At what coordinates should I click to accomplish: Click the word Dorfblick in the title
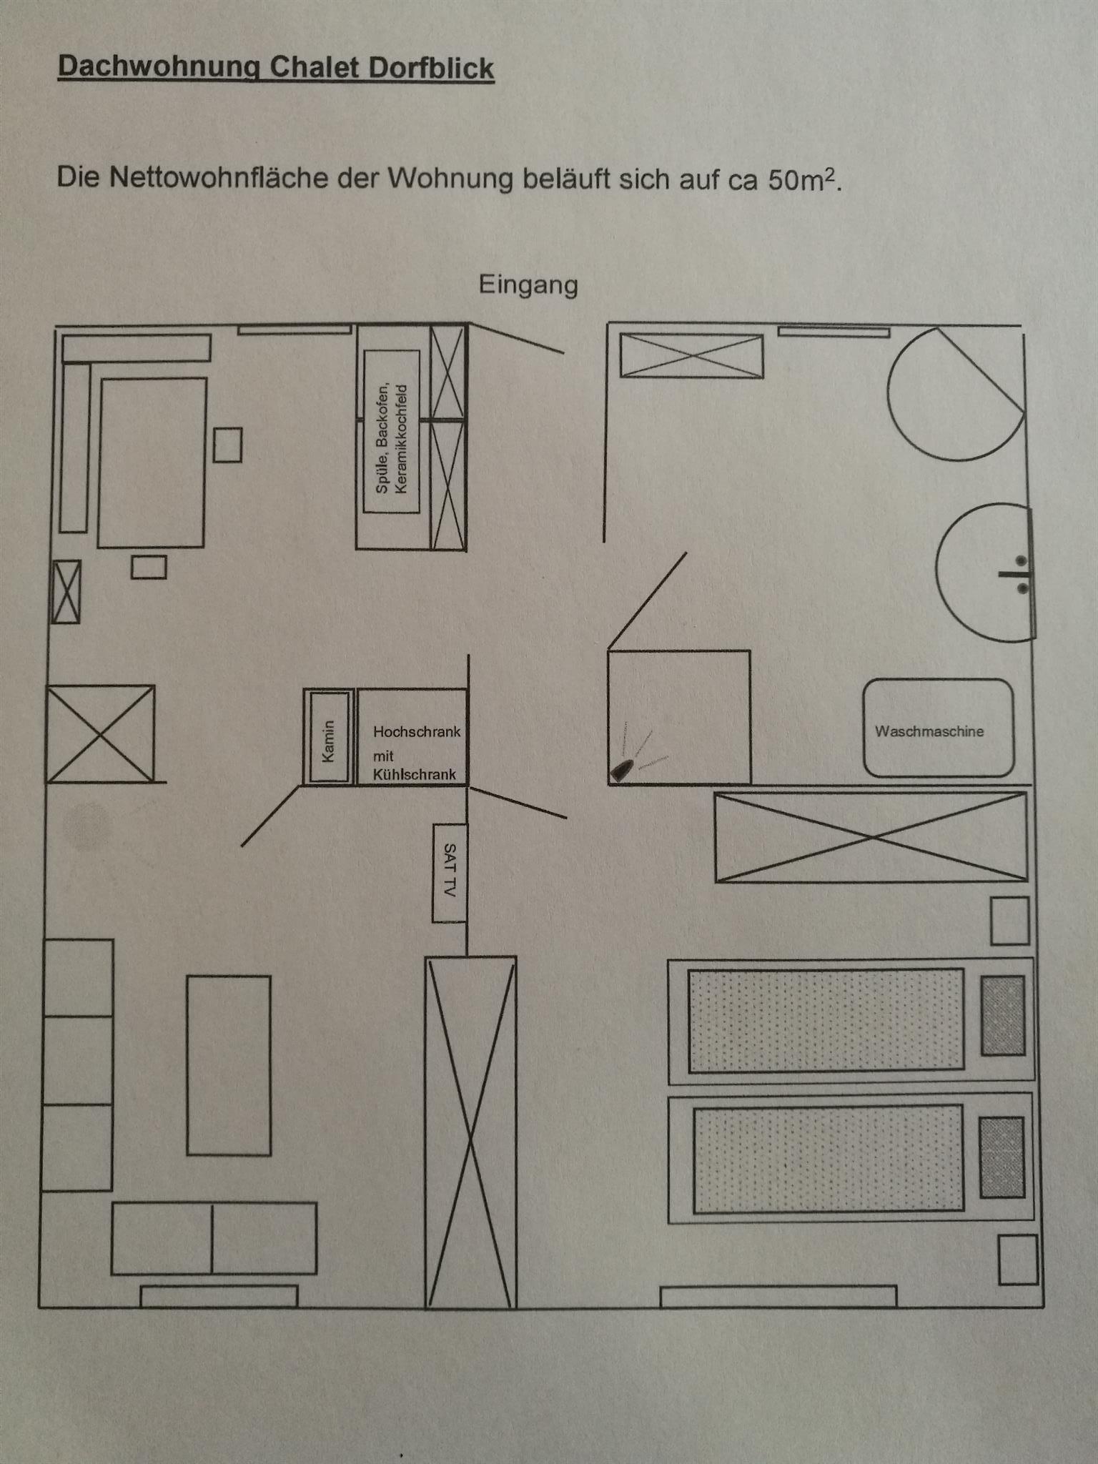coord(431,68)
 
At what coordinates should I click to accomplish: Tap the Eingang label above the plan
coord(528,285)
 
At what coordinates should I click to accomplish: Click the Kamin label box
coord(328,736)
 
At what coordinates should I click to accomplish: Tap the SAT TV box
coord(450,872)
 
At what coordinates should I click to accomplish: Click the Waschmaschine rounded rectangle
coord(938,728)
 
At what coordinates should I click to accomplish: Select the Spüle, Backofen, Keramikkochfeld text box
coord(392,431)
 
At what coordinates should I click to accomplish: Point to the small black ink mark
coord(620,770)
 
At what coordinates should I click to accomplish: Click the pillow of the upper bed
coord(1003,1016)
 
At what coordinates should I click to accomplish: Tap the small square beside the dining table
coord(227,445)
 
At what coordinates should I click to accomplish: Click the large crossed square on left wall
coord(100,733)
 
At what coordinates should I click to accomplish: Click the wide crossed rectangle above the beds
coord(871,836)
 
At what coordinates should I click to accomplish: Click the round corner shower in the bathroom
coord(951,395)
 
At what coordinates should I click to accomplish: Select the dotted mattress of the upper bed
coord(826,1020)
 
